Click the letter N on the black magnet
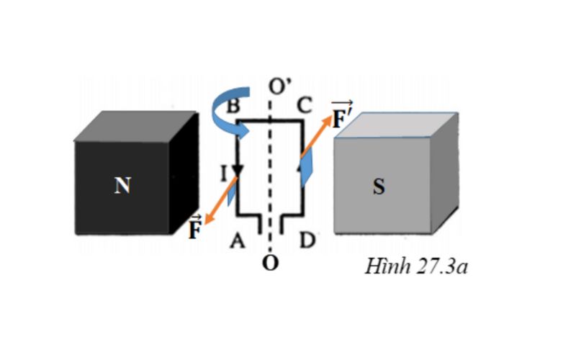coord(122,186)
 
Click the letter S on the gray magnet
coord(378,187)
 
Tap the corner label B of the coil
coord(232,106)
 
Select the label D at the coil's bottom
coord(307,240)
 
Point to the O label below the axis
coord(270,263)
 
